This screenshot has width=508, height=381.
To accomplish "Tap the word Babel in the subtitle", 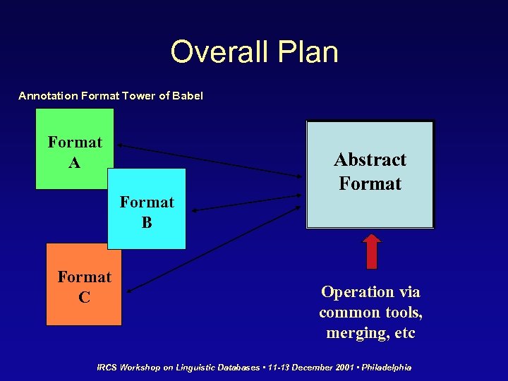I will coord(187,95).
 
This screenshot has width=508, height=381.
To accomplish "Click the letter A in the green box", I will coord(75,163).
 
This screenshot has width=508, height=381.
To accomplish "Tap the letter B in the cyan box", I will coord(147,223).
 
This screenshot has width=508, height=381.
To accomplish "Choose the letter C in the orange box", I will coord(84,298).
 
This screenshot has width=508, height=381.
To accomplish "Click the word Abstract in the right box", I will coord(370,159).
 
